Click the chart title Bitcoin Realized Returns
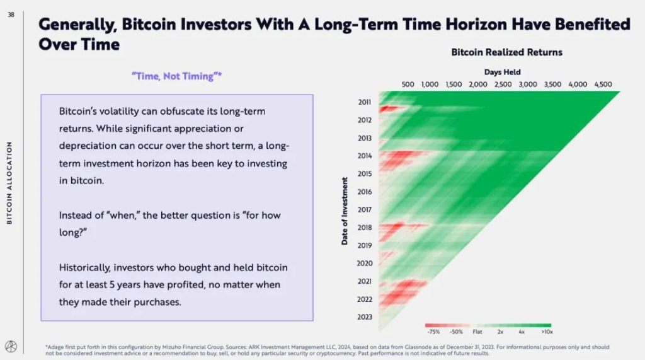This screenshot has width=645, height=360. click(506, 52)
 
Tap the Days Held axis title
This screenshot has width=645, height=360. click(502, 72)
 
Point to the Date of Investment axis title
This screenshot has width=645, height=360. click(345, 211)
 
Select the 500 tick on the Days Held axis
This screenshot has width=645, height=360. click(408, 84)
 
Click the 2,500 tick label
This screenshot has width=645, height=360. click(503, 84)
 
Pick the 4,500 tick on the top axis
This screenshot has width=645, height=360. click(603, 84)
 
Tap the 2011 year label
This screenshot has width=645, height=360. click(365, 102)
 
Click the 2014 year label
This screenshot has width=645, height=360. click(365, 156)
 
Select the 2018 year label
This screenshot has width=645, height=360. click(365, 228)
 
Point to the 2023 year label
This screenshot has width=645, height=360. click(365, 316)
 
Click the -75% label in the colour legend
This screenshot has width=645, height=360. click(433, 332)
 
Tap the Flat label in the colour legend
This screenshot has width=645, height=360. click(477, 332)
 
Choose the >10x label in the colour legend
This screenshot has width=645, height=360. click(547, 332)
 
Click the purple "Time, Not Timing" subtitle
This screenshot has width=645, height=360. click(176, 76)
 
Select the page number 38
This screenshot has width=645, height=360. click(11, 15)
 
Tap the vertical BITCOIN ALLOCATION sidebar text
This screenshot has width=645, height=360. click(9, 183)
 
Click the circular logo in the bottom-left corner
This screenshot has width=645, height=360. click(11, 346)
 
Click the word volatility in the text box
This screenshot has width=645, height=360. click(118, 111)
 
